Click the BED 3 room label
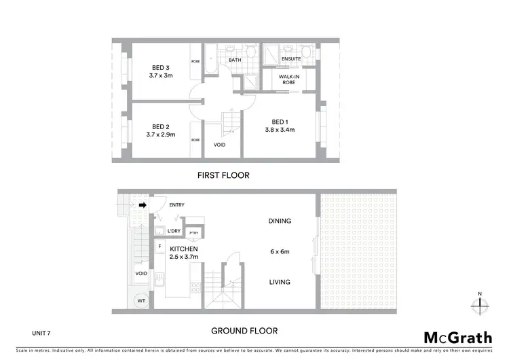(161, 67)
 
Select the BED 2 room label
(160, 126)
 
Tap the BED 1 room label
(278, 122)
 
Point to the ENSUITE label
(292, 59)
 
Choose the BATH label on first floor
(235, 60)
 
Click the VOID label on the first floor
(219, 145)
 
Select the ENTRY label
(176, 204)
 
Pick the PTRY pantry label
(193, 233)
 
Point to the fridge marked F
(159, 246)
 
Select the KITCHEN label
(184, 249)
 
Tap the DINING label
(280, 221)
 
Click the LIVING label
(280, 282)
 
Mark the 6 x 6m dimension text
(280, 251)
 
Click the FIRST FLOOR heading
(223, 175)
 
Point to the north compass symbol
(480, 304)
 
